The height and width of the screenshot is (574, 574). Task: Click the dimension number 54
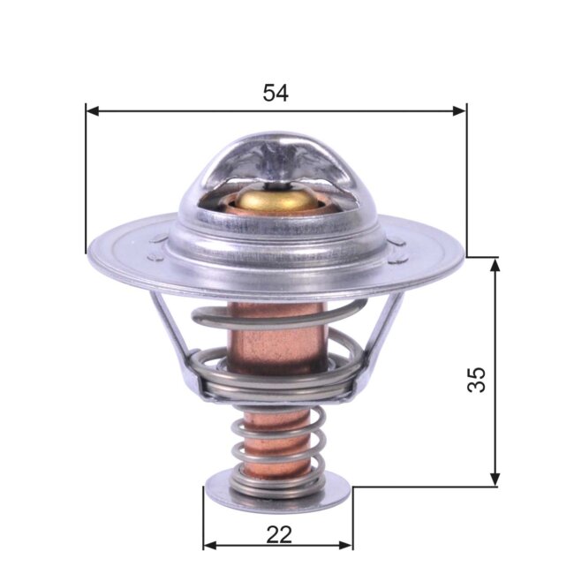pyautogui.click(x=276, y=92)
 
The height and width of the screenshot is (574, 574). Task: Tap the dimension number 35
pyautogui.click(x=476, y=380)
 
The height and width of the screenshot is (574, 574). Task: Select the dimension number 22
pyautogui.click(x=277, y=534)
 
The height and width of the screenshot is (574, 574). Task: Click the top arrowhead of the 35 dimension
pyautogui.click(x=495, y=263)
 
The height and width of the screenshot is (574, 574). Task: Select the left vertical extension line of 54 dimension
pyautogui.click(x=86, y=177)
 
